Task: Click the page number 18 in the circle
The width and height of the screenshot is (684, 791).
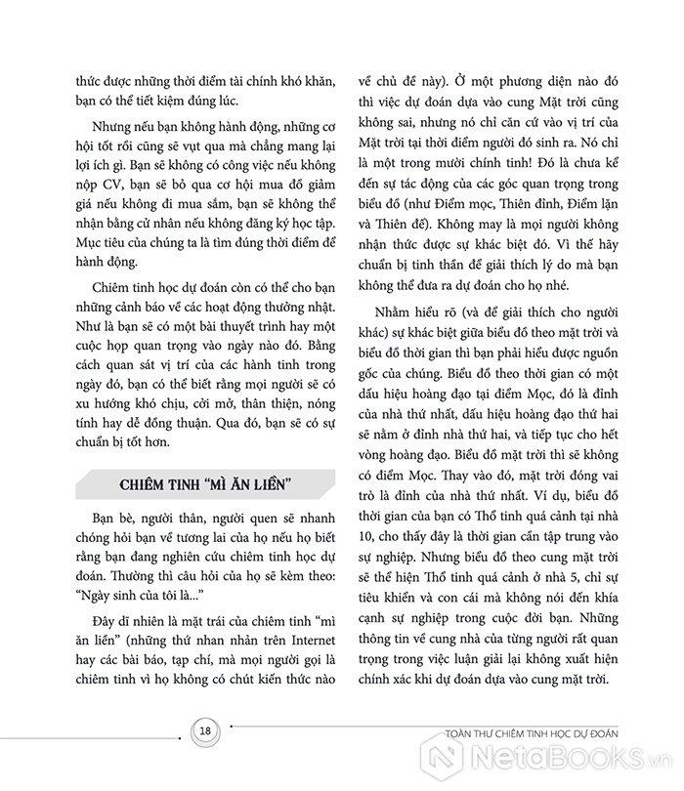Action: pyautogui.click(x=205, y=732)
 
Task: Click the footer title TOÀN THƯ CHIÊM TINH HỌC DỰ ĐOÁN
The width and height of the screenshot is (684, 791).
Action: pyautogui.click(x=499, y=733)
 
